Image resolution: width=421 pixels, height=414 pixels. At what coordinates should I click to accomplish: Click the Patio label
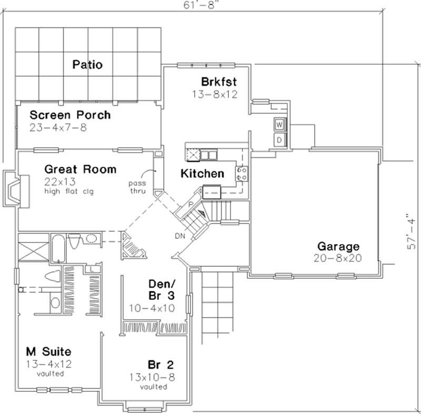87,65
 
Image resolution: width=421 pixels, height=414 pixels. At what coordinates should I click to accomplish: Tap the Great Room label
80,169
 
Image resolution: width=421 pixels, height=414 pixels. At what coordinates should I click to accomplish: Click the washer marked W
279,125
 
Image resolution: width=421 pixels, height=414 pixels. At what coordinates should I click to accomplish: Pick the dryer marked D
279,140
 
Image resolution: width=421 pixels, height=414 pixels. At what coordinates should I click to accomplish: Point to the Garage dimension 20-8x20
337,258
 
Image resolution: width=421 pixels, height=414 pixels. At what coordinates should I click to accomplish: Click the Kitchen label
202,174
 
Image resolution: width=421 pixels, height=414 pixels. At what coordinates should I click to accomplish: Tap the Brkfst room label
218,82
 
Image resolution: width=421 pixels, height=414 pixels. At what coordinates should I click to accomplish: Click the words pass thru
137,187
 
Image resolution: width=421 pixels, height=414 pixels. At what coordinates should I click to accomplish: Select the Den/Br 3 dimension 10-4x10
152,308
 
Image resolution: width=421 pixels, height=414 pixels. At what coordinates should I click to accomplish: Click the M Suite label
48,351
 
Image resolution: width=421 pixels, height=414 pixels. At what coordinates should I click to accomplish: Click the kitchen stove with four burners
242,174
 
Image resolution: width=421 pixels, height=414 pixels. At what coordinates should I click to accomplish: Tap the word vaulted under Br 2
154,387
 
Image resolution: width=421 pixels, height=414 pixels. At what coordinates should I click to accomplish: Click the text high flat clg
69,191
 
